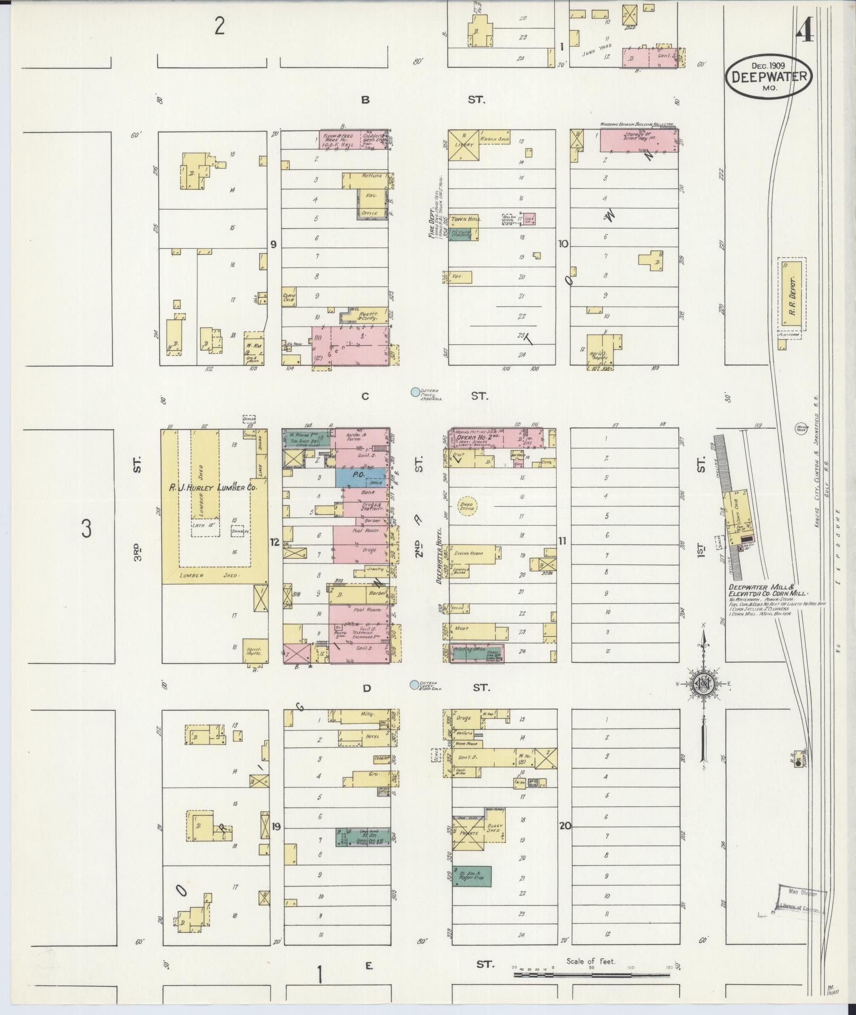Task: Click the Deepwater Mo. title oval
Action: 769,77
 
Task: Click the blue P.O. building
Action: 360,477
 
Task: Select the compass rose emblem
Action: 703,685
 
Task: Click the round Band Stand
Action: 466,507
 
